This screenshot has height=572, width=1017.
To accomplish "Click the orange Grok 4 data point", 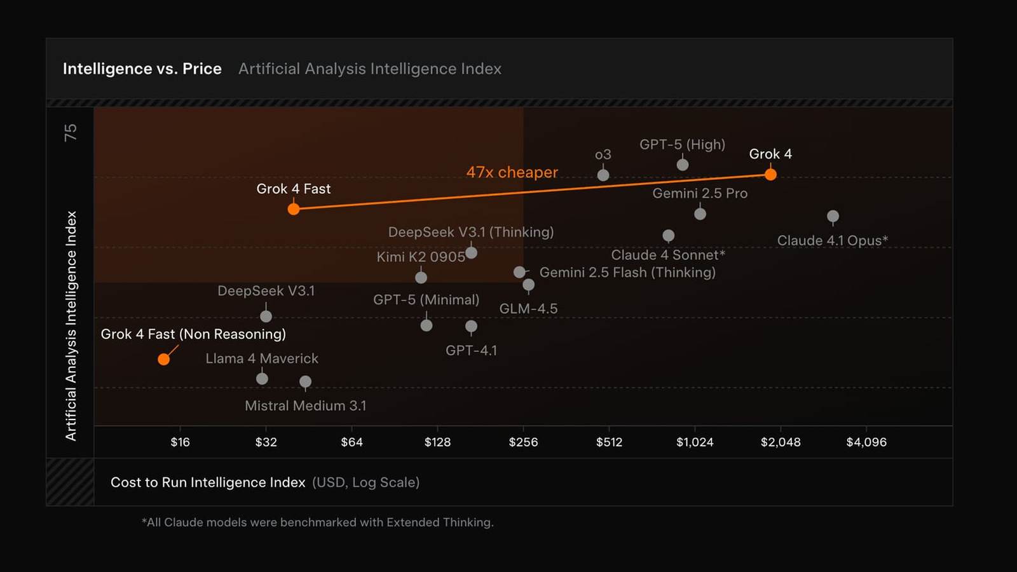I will (770, 174).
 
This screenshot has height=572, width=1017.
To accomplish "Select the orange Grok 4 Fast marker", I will (294, 209).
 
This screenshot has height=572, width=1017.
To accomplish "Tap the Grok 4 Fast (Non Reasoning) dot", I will (164, 359).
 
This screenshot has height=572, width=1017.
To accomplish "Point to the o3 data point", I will (603, 175).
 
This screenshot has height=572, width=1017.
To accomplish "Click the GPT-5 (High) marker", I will (683, 165).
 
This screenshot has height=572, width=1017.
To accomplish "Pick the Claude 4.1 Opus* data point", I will (833, 217).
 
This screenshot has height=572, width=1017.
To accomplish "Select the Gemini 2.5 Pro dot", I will (700, 214).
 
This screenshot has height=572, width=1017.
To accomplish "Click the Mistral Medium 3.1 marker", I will (305, 382).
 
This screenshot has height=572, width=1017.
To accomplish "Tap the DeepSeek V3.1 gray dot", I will (266, 316).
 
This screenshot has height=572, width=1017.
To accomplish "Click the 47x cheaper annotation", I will (512, 172).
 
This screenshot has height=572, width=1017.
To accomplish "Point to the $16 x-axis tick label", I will (180, 442).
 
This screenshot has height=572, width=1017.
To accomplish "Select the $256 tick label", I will (523, 442).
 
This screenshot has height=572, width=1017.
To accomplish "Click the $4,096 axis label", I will (866, 442).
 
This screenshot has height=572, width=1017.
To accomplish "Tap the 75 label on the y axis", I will (70, 132).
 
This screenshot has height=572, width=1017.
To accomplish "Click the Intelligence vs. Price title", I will (142, 69).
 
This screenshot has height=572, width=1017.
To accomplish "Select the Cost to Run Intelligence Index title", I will (208, 482).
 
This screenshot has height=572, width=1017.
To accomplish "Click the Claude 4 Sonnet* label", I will (668, 255).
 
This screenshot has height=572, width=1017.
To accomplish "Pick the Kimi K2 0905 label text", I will (421, 257).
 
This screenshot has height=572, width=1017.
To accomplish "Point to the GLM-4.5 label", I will (528, 309).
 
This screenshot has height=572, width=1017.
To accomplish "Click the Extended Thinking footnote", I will (317, 522).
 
